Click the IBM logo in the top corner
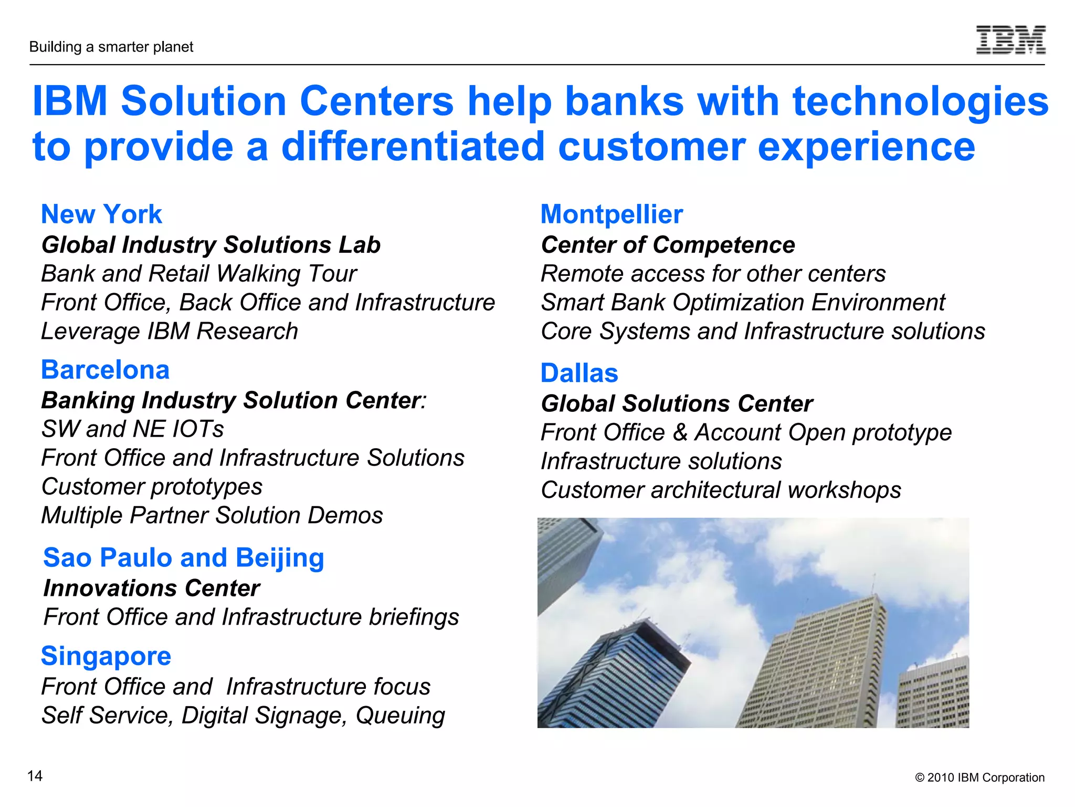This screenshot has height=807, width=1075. point(1010,39)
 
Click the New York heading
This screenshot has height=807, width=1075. point(101,214)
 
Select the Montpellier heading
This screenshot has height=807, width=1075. point(612,214)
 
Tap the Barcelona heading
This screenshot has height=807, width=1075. point(105,370)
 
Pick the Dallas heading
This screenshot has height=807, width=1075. point(579,373)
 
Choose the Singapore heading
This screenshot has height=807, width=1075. point(106,656)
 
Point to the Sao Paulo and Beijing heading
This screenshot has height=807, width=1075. point(183,557)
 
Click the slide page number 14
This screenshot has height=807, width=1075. point(35,776)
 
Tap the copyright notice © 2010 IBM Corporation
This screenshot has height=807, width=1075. point(979,778)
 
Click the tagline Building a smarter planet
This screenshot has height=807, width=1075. point(111,47)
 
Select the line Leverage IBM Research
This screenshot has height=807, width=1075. point(169,332)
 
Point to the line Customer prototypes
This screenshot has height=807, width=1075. point(152,487)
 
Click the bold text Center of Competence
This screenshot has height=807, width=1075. point(668,245)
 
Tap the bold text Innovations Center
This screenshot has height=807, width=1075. point(151,588)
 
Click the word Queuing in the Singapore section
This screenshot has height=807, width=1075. point(400,716)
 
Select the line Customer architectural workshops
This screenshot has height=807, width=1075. point(721,490)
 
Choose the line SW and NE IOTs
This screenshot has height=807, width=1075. point(132,429)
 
